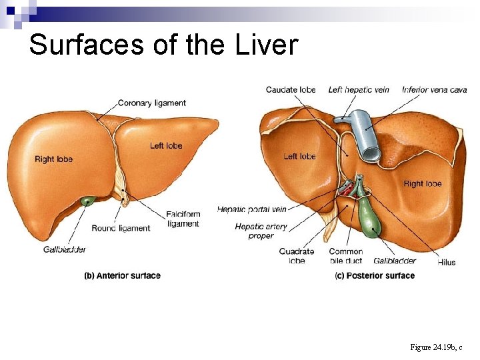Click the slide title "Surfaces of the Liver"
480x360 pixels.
click(x=163, y=45)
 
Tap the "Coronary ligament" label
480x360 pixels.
click(x=151, y=103)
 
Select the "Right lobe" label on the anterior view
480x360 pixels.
click(x=53, y=159)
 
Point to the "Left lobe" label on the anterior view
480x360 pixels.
click(x=166, y=146)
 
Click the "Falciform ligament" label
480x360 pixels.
click(x=183, y=219)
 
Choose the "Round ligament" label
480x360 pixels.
click(x=121, y=229)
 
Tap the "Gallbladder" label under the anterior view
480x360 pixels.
click(x=65, y=249)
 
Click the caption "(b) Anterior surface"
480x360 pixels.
click(x=122, y=275)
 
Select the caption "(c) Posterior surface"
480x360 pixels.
click(x=375, y=275)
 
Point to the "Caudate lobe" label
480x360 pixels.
click(x=291, y=90)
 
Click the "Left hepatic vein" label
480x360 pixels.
click(x=359, y=90)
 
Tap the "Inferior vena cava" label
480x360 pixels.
click(x=435, y=90)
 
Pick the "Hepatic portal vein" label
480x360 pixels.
click(x=251, y=210)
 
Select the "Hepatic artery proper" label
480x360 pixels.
click(x=261, y=231)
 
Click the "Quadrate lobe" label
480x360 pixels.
click(x=297, y=256)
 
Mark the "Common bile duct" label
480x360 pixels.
click(x=345, y=256)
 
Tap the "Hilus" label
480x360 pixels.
click(x=447, y=262)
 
